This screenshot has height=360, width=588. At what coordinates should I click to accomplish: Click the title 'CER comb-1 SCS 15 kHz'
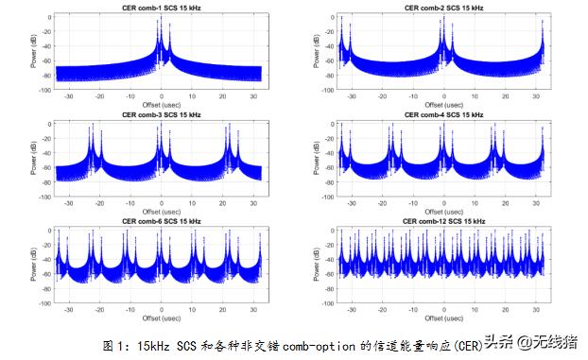[161, 9]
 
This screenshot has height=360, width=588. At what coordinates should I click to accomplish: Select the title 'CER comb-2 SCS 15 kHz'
[443, 9]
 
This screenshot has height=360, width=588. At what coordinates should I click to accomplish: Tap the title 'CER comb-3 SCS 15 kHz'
[161, 114]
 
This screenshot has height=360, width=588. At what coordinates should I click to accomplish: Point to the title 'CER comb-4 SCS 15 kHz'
[443, 114]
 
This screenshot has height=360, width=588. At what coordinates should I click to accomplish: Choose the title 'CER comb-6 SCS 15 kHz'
[161, 221]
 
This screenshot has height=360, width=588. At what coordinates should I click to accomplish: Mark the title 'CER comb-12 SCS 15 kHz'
[443, 221]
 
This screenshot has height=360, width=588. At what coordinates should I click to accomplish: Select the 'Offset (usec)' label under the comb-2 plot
[443, 105]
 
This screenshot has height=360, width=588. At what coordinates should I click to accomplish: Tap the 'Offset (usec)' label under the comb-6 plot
[161, 317]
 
